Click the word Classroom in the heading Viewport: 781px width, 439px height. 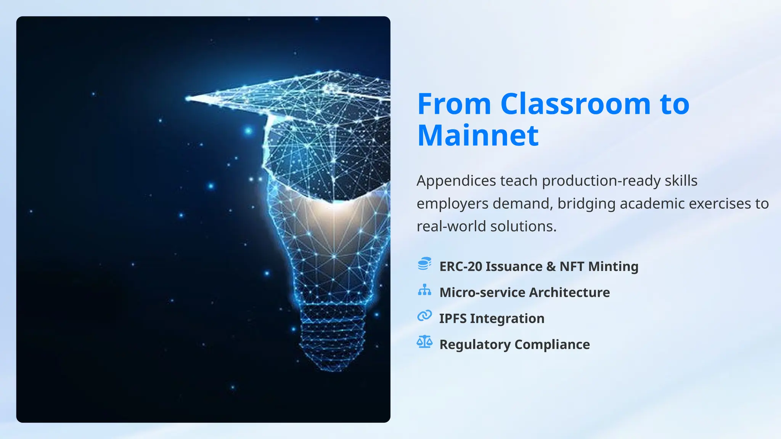coord(575,104)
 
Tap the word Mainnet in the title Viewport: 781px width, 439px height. coord(478,135)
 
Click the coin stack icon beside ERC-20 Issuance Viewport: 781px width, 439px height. coord(424,264)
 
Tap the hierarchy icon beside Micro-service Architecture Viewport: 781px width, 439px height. coord(424,290)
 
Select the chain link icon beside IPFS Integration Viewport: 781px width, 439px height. coord(424,316)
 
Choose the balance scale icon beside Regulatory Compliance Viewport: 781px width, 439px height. coord(424,342)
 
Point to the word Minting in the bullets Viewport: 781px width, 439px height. coord(613,266)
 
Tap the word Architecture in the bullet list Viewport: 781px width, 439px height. coord(569,292)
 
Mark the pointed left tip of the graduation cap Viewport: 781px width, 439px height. coord(188,99)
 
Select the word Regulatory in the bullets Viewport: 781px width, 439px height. coord(475,344)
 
